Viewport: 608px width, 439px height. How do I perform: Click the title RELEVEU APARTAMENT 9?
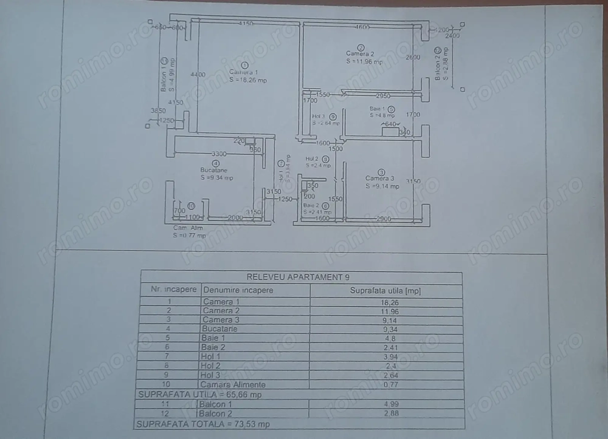pos(300,277)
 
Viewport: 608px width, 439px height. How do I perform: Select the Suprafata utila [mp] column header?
pos(385,290)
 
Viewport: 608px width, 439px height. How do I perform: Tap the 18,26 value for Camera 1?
pos(385,301)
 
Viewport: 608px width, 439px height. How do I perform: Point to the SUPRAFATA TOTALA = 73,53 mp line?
pos(204,424)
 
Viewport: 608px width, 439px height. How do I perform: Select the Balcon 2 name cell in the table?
pos(218,413)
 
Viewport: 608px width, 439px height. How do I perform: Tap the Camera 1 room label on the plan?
pos(244,72)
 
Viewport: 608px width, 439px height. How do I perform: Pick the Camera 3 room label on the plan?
pos(380,179)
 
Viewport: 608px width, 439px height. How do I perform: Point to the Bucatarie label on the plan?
pos(216,171)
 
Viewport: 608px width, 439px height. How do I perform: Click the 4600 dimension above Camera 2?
pos(363,27)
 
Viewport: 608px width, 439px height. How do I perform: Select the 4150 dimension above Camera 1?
pos(245,24)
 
